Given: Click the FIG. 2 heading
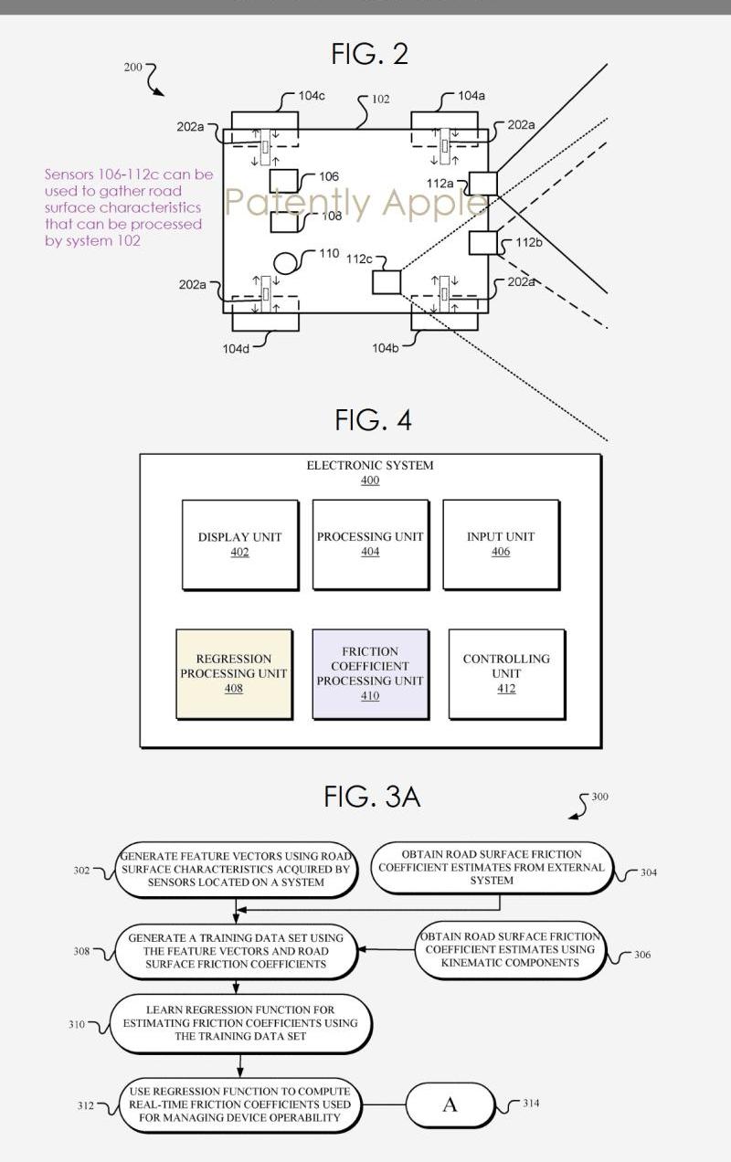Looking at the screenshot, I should tap(369, 54).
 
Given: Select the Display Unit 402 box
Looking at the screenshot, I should tap(239, 544).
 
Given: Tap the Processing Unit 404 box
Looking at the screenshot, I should tap(370, 544).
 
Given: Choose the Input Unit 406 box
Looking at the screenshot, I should tap(501, 544).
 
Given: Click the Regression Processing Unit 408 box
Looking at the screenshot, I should tap(234, 674).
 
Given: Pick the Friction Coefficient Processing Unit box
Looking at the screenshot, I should tap(370, 674).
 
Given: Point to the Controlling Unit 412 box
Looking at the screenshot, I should tap(506, 674).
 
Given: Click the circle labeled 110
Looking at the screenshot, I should tap(288, 262).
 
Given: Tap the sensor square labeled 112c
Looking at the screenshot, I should tap(387, 281).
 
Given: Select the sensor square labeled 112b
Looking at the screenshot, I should tap(483, 243).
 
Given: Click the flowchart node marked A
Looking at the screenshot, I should tap(450, 1105).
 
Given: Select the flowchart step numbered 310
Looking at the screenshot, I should tap(240, 1024).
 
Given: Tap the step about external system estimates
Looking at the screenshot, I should tap(492, 868).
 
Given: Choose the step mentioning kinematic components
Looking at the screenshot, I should tap(510, 949).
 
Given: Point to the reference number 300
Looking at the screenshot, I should tap(599, 797).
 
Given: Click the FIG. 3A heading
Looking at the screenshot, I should tap(372, 797).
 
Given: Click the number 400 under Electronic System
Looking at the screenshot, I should tap(369, 481).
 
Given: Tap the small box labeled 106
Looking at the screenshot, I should tap(283, 179).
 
